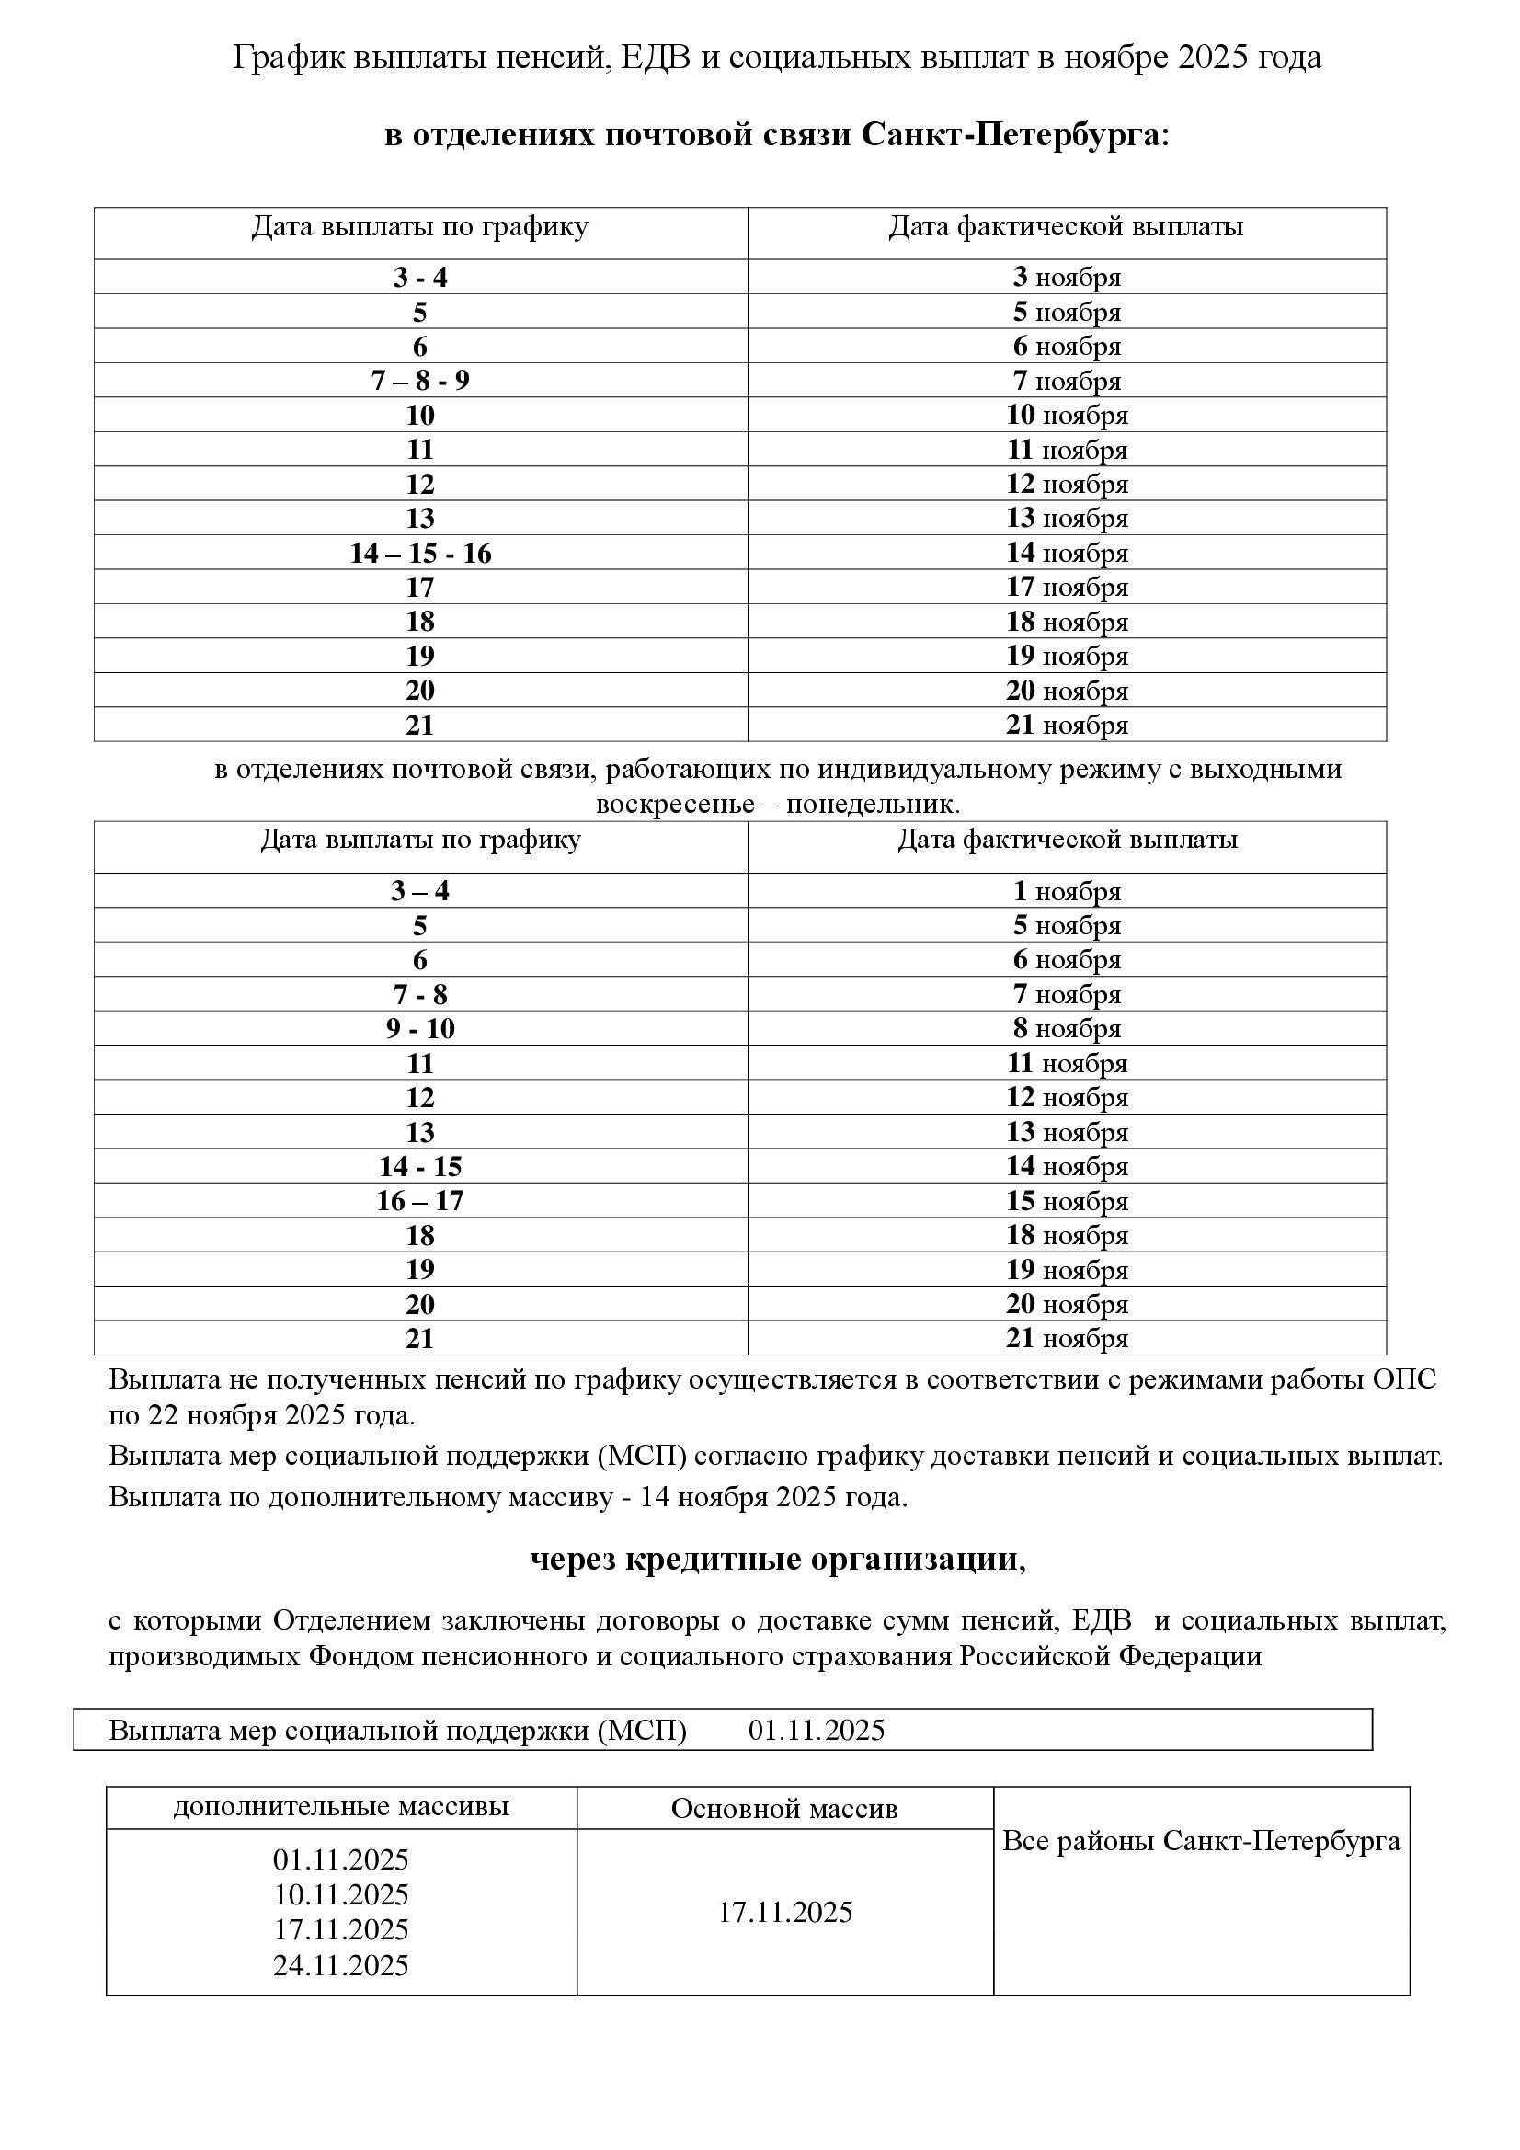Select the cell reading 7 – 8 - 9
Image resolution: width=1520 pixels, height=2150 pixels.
[x=420, y=380]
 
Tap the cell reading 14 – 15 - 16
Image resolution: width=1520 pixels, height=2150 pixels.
[x=420, y=554]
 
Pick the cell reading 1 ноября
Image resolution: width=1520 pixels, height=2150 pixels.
[x=1067, y=891]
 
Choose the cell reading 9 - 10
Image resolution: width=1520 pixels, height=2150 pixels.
[x=420, y=1029]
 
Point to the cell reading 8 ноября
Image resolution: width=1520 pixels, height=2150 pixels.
[x=1067, y=1029]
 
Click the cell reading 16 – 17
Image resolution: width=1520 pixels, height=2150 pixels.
[x=420, y=1200]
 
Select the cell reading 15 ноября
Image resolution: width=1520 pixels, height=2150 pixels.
[x=1067, y=1200]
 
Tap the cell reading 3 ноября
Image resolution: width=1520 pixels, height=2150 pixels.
[x=1067, y=277]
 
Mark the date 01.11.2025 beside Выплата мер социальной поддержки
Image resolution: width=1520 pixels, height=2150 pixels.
[x=816, y=1730]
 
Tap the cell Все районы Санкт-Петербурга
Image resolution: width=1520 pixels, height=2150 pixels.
[x=1201, y=1841]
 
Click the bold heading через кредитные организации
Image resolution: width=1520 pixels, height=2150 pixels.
[x=777, y=1559]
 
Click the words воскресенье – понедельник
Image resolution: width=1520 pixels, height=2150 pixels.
[x=777, y=804]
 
